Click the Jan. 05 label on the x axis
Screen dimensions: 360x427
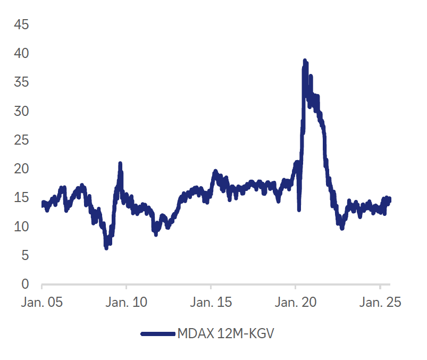coord(41,302)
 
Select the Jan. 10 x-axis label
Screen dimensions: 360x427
coord(127,302)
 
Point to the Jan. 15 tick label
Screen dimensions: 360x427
coord(211,302)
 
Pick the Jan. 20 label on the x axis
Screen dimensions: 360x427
coord(296,302)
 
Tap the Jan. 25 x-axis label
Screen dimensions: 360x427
coord(380,302)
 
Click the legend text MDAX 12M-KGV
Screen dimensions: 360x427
coord(228,334)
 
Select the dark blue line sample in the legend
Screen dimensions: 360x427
coord(158,334)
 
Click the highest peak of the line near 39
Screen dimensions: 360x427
coord(305,61)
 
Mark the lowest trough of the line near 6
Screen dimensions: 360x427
coord(106,248)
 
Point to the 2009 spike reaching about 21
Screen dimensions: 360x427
coord(120,164)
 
